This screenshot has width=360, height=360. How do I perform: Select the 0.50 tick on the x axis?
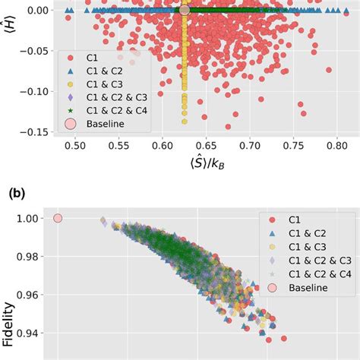click(x=74, y=145)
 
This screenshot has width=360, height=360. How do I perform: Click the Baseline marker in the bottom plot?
click(x=58, y=219)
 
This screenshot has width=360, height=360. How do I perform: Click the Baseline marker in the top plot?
click(x=184, y=11)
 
